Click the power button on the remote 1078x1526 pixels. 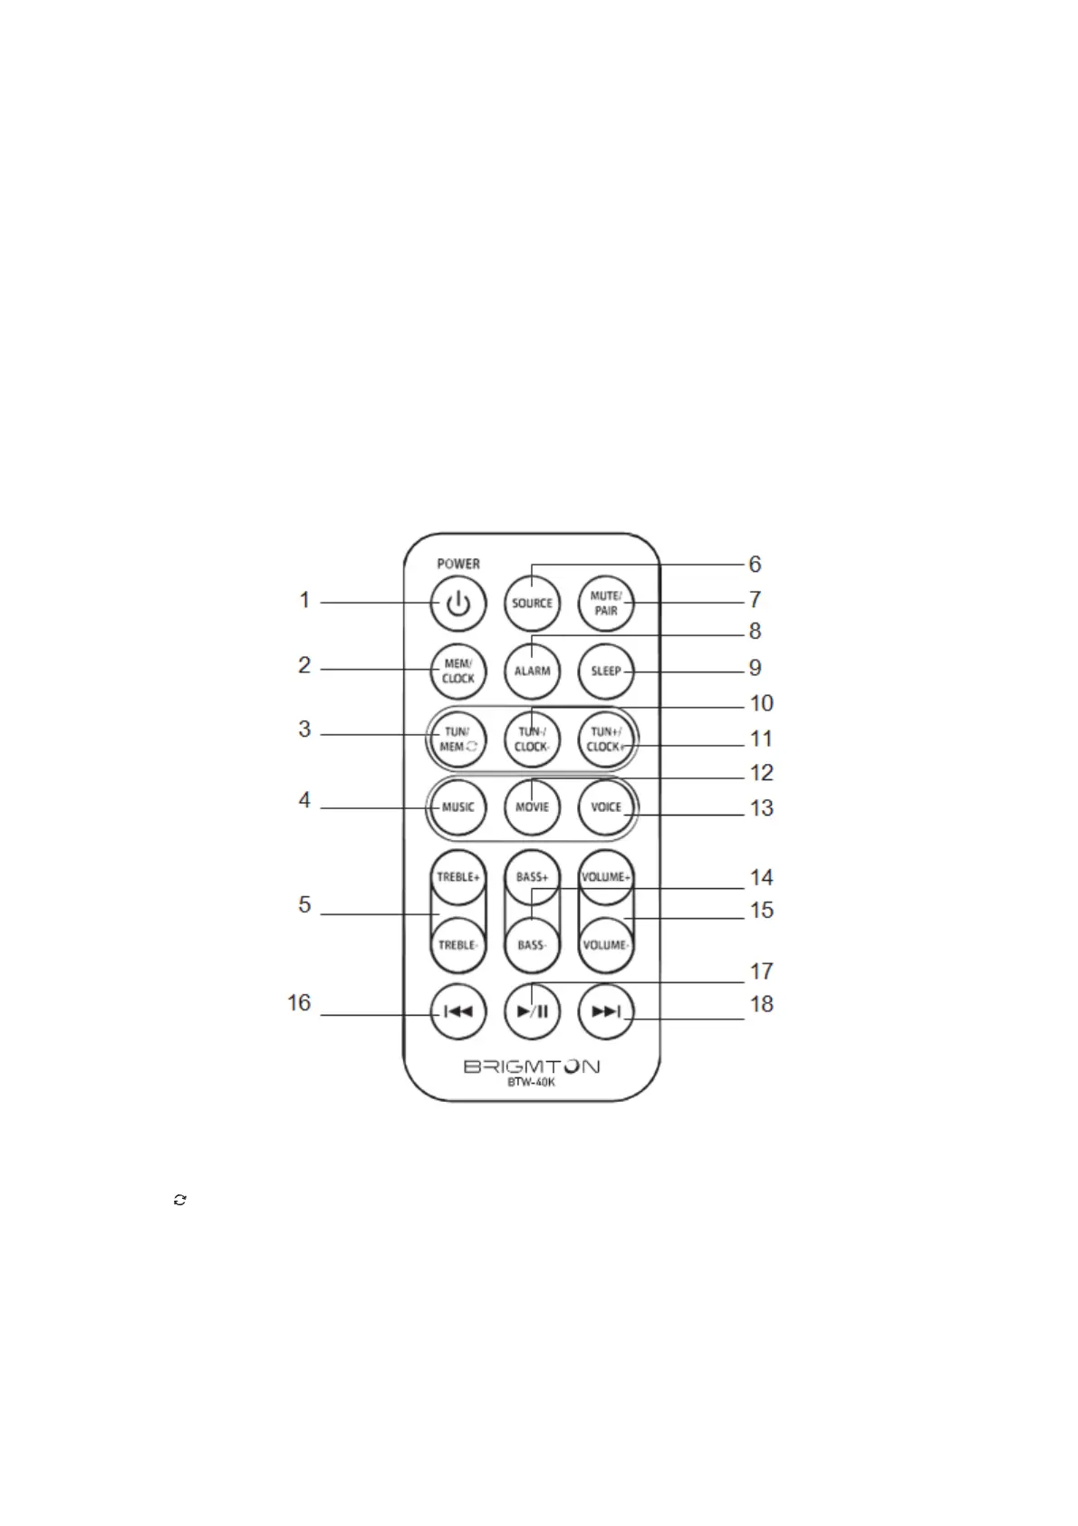point(458,604)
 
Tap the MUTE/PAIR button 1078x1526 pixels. point(606,604)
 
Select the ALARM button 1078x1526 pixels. point(532,671)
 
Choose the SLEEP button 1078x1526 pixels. point(606,671)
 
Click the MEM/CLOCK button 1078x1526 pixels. point(458,671)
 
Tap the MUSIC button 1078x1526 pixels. point(458,807)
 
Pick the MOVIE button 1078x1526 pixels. point(532,807)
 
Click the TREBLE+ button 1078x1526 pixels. point(458,877)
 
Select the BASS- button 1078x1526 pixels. point(532,945)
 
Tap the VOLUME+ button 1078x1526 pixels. point(606,877)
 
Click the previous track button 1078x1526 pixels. point(458,1011)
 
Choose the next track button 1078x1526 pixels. point(606,1011)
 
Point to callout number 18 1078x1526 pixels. point(762,1004)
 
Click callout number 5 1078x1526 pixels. point(305,904)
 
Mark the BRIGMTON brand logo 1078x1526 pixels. point(532,1067)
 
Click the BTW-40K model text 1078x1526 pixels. point(531,1082)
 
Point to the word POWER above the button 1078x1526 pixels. point(458,564)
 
